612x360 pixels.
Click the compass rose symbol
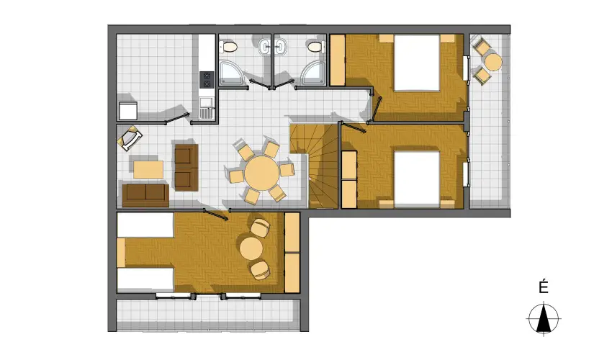coord(544,318)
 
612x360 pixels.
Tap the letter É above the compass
coord(544,288)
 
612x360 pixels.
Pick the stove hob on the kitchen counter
coord(207,78)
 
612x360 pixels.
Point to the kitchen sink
coord(207,109)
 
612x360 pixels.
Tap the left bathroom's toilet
coord(230,48)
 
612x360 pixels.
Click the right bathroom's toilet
coord(313,48)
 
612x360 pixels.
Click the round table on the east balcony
coord(493,62)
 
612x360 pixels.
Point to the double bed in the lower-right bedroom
coord(416,178)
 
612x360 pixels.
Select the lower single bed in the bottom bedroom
coord(145,279)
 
